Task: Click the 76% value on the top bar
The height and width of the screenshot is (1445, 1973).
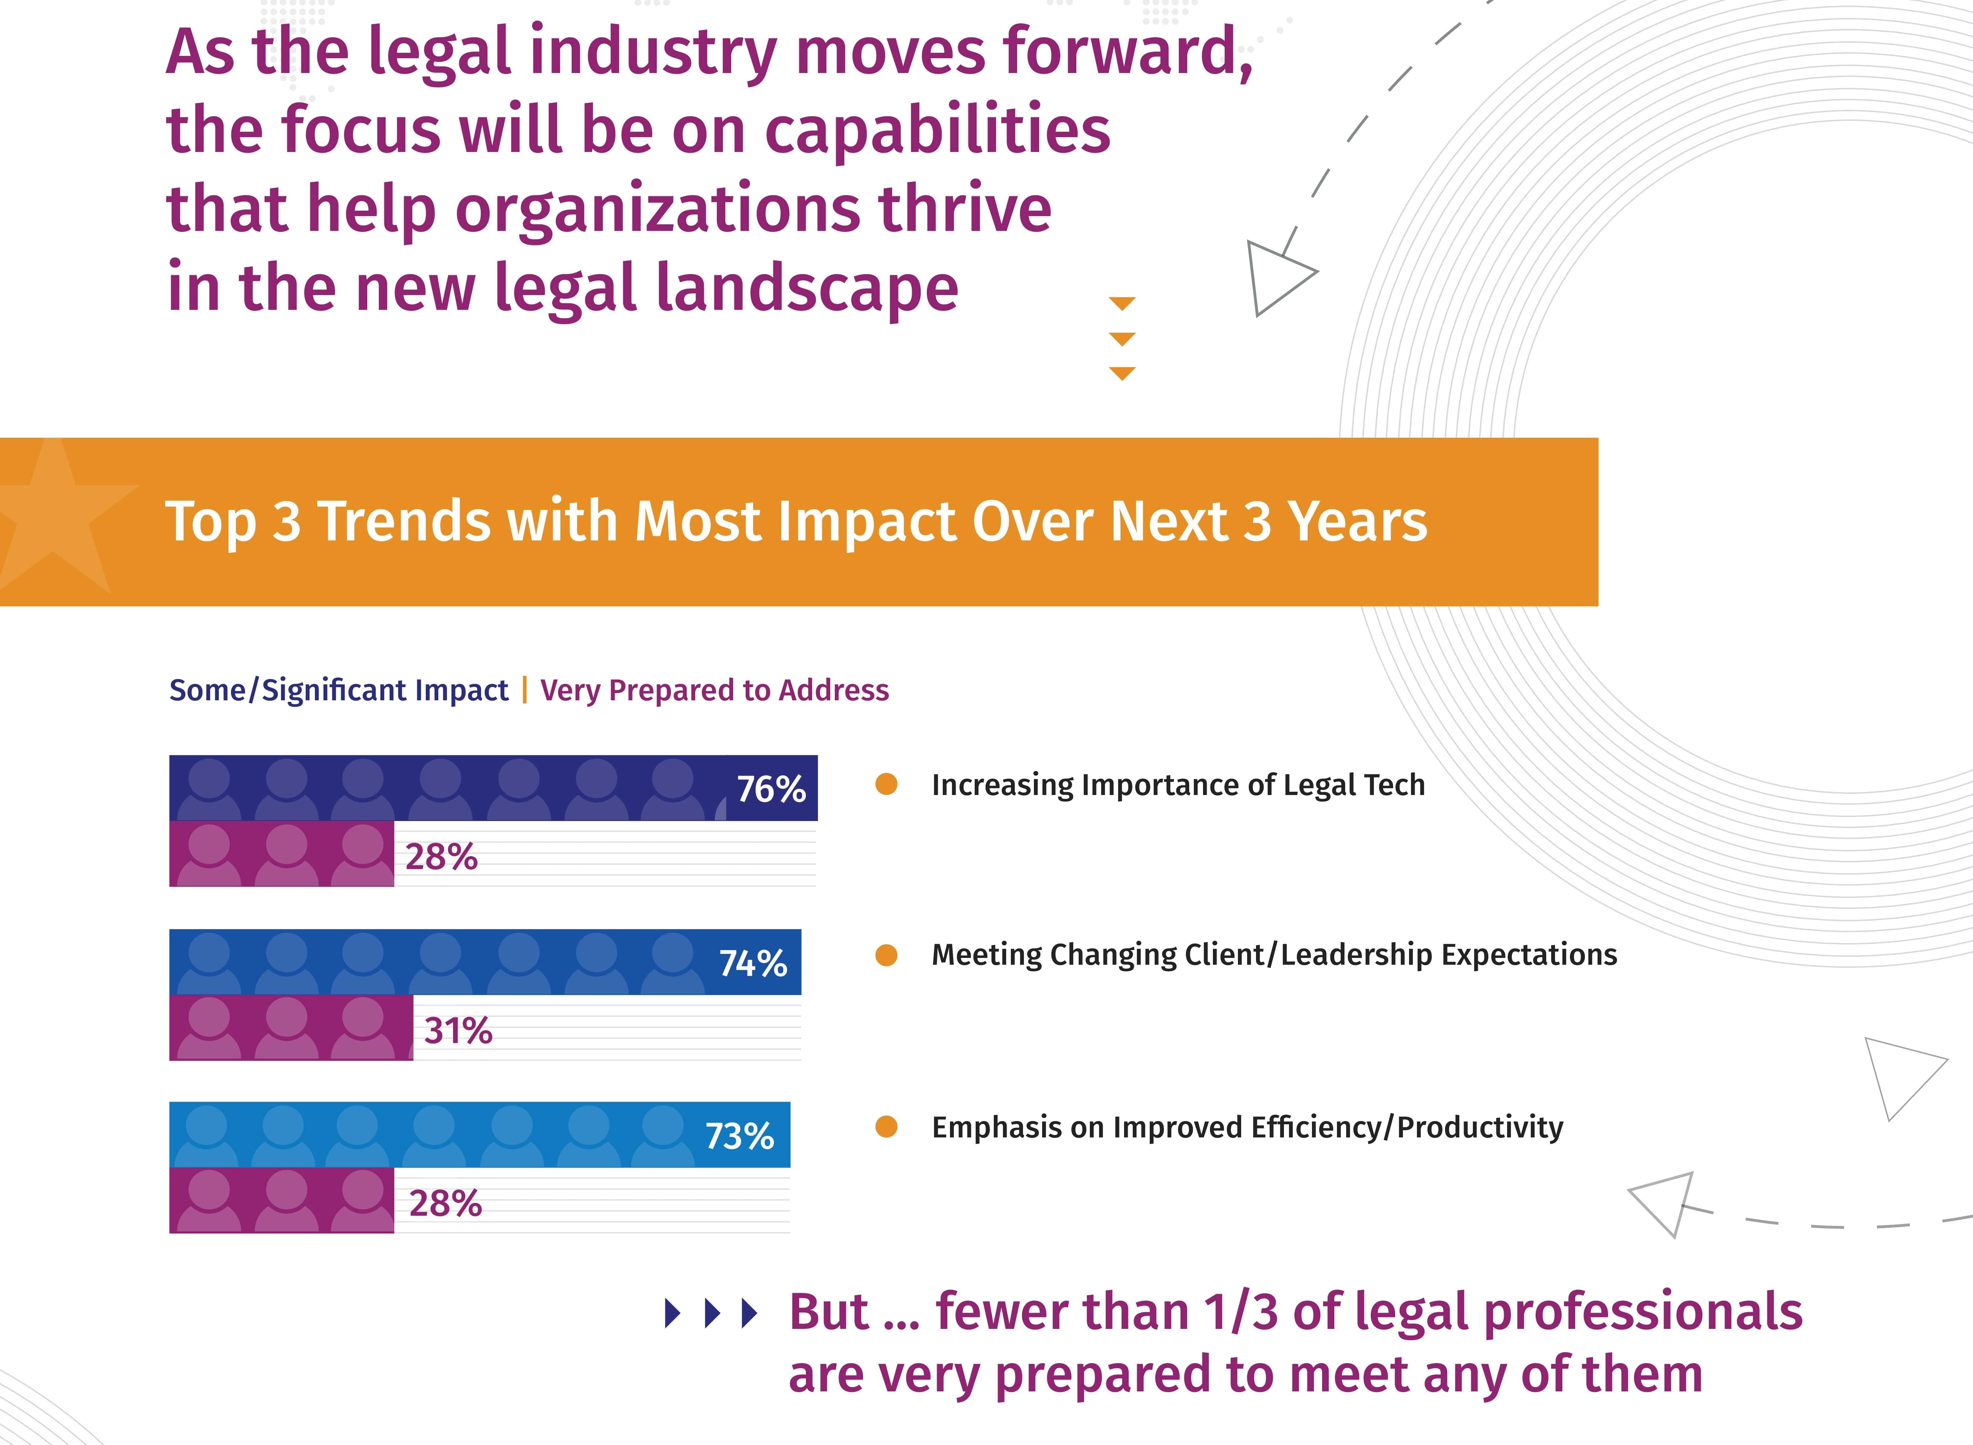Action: pos(771,789)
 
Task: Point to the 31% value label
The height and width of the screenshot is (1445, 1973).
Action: pos(458,1031)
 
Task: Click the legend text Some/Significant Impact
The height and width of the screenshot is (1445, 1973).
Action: pos(339,690)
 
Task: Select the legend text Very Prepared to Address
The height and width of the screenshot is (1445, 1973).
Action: pos(714,690)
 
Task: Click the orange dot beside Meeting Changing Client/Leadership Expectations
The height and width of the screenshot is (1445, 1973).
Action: pos(886,955)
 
